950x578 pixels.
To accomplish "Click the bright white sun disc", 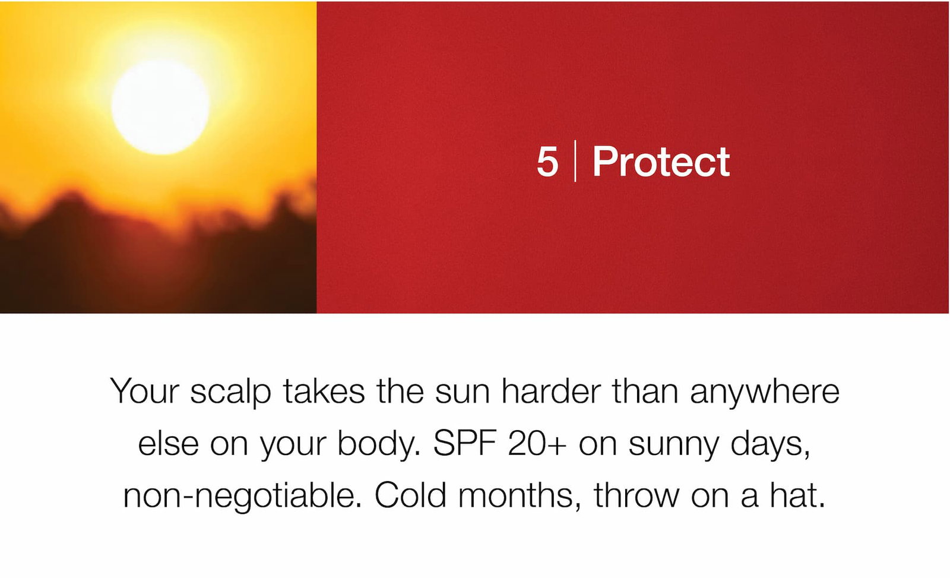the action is pyautogui.click(x=160, y=107).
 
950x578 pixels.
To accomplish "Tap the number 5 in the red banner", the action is pyautogui.click(x=547, y=162).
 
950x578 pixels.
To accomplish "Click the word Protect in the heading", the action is pyautogui.click(x=661, y=161).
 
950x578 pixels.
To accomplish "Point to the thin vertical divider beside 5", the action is pyautogui.click(x=575, y=161).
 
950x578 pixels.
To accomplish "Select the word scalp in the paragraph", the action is pyautogui.click(x=230, y=391).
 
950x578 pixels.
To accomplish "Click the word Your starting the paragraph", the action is pyautogui.click(x=145, y=391).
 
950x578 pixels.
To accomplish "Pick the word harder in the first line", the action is pyautogui.click(x=551, y=390).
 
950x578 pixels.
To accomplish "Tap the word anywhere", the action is pyautogui.click(x=765, y=391).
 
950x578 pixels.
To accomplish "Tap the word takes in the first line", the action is pyautogui.click(x=324, y=390).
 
